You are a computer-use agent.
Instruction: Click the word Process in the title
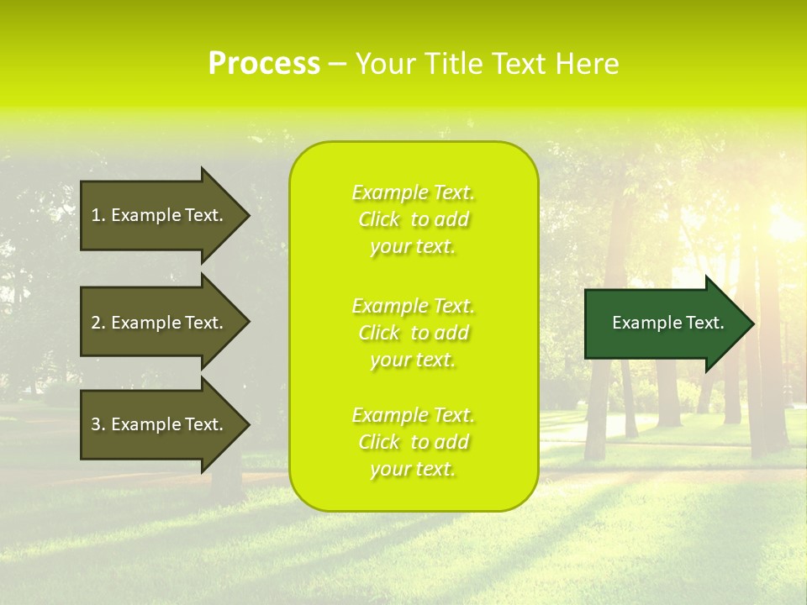[264, 64]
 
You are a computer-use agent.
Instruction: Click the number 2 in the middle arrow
[96, 323]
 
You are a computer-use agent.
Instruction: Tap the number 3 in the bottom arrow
[96, 424]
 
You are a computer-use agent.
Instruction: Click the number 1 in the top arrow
[96, 215]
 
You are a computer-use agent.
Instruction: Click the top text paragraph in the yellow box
[413, 219]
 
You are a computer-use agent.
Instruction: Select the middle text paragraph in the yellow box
[413, 333]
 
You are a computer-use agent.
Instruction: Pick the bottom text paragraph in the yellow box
[413, 442]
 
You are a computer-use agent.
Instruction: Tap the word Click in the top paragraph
[379, 219]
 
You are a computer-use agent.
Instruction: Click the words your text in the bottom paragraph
[413, 469]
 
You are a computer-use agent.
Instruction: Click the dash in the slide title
[337, 65]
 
